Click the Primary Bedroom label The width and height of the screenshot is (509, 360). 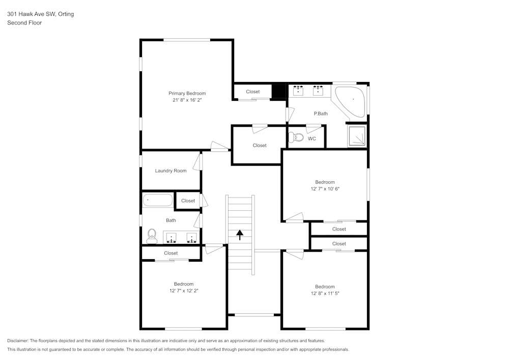click(187, 93)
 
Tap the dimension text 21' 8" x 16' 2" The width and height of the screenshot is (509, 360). click(187, 100)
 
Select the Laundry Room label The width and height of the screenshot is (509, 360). click(171, 171)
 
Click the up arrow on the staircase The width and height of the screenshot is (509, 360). click(240, 234)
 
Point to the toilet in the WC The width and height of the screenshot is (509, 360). click(296, 137)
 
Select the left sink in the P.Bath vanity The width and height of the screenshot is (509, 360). click(298, 91)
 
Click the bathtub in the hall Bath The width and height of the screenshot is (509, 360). click(157, 200)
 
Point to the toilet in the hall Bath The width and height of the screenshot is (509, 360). click(151, 235)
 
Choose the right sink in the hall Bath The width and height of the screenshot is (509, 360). click(191, 237)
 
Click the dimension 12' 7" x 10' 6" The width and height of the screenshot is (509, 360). click(325, 188)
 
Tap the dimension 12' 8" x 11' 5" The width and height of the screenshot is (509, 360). click(325, 293)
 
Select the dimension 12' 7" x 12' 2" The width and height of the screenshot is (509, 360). click(184, 291)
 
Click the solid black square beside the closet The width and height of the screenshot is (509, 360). click(279, 91)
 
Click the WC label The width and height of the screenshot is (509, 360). click(312, 139)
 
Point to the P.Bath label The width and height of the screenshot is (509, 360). click(320, 114)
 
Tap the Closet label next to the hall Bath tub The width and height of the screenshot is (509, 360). click(188, 201)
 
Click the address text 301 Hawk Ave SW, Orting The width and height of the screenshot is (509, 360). click(40, 14)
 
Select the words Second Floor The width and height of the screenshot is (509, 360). click(24, 23)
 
